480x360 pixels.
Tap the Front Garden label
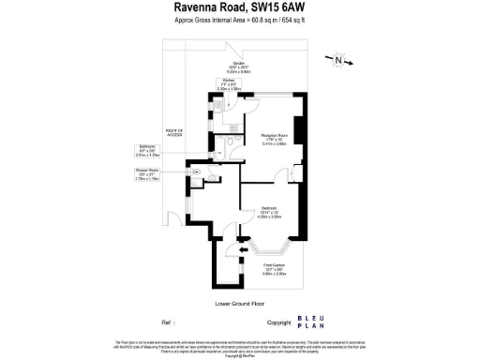click(x=273, y=270)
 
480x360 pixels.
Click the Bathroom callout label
click(x=148, y=150)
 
